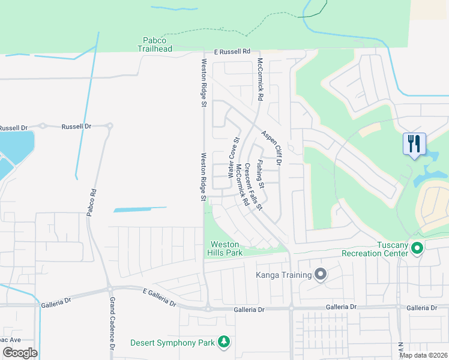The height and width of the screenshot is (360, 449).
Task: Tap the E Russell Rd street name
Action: click(226, 52)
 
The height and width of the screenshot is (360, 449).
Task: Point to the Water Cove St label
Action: click(233, 157)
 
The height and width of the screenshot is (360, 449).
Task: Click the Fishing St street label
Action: click(260, 172)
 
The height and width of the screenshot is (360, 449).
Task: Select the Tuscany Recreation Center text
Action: click(375, 249)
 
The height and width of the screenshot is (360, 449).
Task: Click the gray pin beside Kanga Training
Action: click(321, 275)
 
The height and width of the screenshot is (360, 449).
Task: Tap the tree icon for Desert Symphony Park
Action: click(224, 341)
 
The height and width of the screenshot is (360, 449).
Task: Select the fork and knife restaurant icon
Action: click(414, 144)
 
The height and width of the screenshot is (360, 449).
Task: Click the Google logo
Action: click(20, 352)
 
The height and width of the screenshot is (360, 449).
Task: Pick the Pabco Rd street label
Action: click(91, 204)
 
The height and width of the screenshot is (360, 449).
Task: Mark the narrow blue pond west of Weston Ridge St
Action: click(140, 210)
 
